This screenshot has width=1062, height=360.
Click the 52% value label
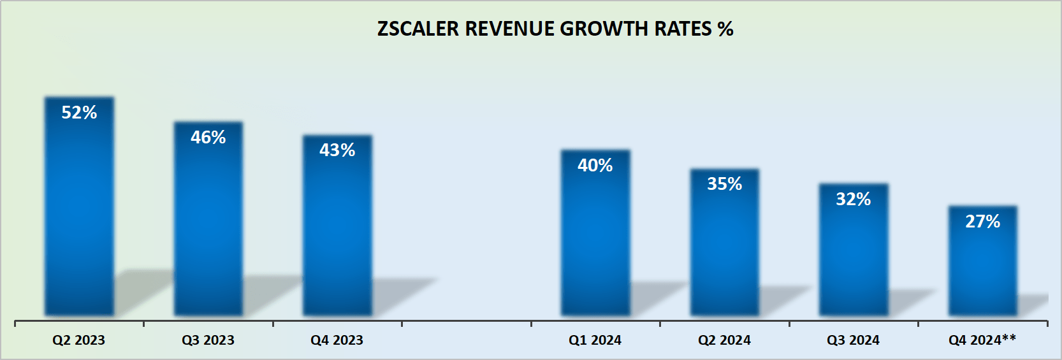pyautogui.click(x=79, y=113)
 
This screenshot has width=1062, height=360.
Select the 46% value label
pyautogui.click(x=208, y=138)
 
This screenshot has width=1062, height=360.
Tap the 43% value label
pyautogui.click(x=337, y=150)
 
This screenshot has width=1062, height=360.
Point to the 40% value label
pyautogui.click(x=595, y=166)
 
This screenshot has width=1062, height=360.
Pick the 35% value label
pyautogui.click(x=725, y=184)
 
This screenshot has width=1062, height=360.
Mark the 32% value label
pyautogui.click(x=854, y=199)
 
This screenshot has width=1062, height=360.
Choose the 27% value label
pyautogui.click(x=983, y=222)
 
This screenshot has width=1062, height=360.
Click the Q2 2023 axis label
pyautogui.click(x=78, y=340)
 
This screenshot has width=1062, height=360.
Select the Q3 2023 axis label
pyautogui.click(x=208, y=340)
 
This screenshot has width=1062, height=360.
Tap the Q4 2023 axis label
pyautogui.click(x=337, y=340)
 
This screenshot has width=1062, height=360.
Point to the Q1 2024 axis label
pyautogui.click(x=595, y=340)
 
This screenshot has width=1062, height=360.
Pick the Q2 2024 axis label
pyautogui.click(x=724, y=340)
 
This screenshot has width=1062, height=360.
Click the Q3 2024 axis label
pyautogui.click(x=853, y=340)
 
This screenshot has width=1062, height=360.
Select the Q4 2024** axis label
pyautogui.click(x=982, y=340)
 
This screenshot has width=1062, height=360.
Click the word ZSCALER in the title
pyautogui.click(x=418, y=29)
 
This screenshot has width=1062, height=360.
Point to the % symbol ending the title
pyautogui.click(x=725, y=29)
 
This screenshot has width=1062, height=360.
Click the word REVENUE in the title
pyautogui.click(x=509, y=29)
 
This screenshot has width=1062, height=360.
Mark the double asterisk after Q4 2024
pyautogui.click(x=1008, y=338)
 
